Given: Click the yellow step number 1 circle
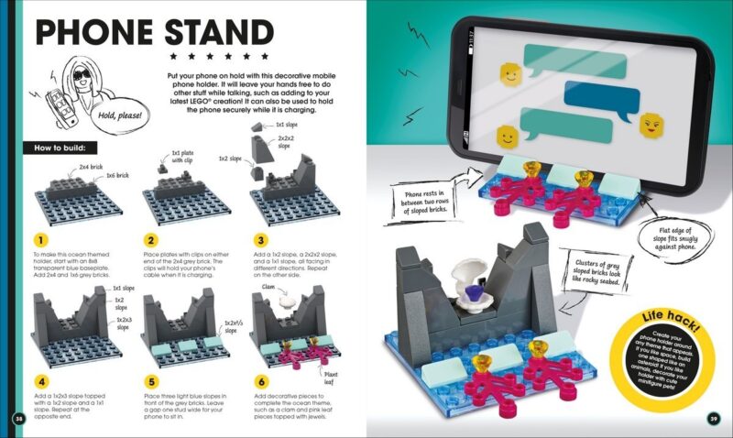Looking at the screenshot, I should pyautogui.click(x=39, y=239).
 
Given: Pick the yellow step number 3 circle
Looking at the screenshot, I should pyautogui.click(x=257, y=239).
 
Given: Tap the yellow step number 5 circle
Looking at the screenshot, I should pyautogui.click(x=148, y=381).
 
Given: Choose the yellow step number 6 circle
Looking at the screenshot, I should pyautogui.click(x=257, y=381).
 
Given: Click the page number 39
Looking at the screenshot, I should pyautogui.click(x=714, y=420).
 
